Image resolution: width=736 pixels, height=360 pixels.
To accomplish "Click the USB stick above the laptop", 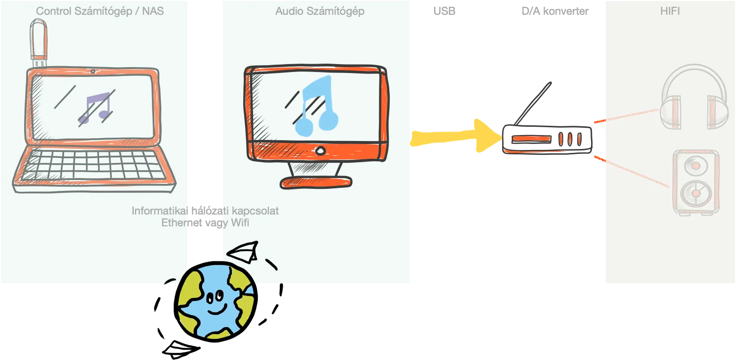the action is click(39, 43).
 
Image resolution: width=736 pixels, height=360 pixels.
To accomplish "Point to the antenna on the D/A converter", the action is click(533, 104).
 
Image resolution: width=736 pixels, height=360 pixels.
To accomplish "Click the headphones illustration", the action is click(694, 97).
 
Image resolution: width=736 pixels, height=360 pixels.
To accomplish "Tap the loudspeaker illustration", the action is click(696, 182).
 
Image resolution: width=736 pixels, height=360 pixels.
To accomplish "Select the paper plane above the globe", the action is click(243, 252).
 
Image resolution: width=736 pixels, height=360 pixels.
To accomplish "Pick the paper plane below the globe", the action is click(181, 350).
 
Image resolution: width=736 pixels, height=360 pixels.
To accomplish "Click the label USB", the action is click(444, 11).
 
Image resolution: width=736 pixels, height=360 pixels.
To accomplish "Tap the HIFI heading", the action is click(670, 11).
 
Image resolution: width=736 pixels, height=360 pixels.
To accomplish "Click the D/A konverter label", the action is click(555, 11).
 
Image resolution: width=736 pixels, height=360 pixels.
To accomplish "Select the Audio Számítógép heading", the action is click(320, 11).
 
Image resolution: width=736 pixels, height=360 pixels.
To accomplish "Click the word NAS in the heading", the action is click(153, 11).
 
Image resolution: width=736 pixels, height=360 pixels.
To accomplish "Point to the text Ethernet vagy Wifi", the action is click(205, 223).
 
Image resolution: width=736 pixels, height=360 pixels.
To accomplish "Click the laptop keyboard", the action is click(93, 165).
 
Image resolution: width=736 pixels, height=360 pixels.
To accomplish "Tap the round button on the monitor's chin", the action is click(320, 151).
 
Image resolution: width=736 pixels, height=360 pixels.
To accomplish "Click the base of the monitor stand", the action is click(316, 182).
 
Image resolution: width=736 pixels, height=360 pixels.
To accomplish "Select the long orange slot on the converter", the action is click(531, 139).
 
